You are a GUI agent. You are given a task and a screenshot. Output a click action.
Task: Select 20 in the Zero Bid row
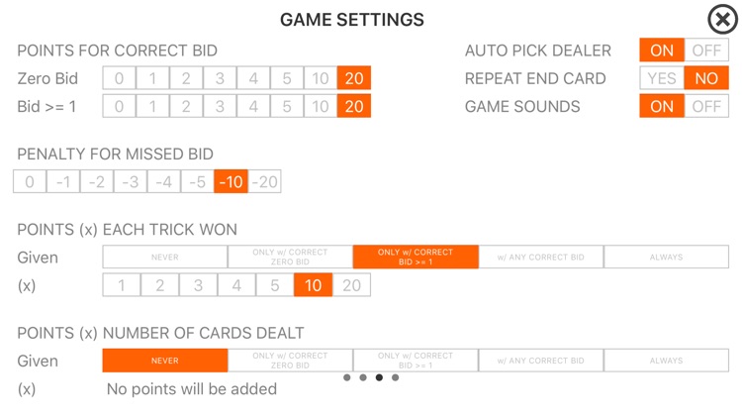pyautogui.click(x=353, y=78)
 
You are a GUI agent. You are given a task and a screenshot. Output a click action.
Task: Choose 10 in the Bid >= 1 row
pyautogui.click(x=320, y=106)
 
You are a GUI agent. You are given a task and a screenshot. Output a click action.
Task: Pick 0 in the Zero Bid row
pyautogui.click(x=120, y=78)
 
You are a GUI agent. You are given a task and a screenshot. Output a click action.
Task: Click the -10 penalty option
pyautogui.click(x=231, y=181)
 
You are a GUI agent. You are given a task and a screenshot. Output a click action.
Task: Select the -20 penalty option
pyautogui.click(x=264, y=181)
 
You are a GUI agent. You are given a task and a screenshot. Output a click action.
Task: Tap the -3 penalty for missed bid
pyautogui.click(x=130, y=181)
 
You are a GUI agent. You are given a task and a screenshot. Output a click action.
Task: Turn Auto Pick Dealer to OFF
pyautogui.click(x=706, y=51)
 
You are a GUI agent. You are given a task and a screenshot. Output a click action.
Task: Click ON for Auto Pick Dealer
pyautogui.click(x=662, y=51)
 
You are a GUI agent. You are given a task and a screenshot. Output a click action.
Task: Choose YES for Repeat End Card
pyautogui.click(x=662, y=78)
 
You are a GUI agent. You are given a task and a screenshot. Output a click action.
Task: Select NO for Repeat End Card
pyautogui.click(x=706, y=78)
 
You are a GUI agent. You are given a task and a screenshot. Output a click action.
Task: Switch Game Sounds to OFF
pyautogui.click(x=706, y=106)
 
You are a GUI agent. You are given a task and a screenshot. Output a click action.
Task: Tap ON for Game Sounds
pyautogui.click(x=662, y=106)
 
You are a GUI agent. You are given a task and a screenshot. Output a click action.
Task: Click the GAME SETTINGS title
pyautogui.click(x=352, y=20)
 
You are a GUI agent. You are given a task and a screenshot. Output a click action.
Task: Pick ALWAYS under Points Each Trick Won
pyautogui.click(x=666, y=257)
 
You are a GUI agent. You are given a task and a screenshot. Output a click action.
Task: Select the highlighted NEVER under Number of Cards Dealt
pyautogui.click(x=165, y=361)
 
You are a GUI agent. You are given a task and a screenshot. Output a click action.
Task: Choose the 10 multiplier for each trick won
pyautogui.click(x=313, y=285)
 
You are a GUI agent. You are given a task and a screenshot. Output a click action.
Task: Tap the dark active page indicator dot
pyautogui.click(x=379, y=377)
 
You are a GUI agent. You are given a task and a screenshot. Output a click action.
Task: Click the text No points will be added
pyautogui.click(x=191, y=389)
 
